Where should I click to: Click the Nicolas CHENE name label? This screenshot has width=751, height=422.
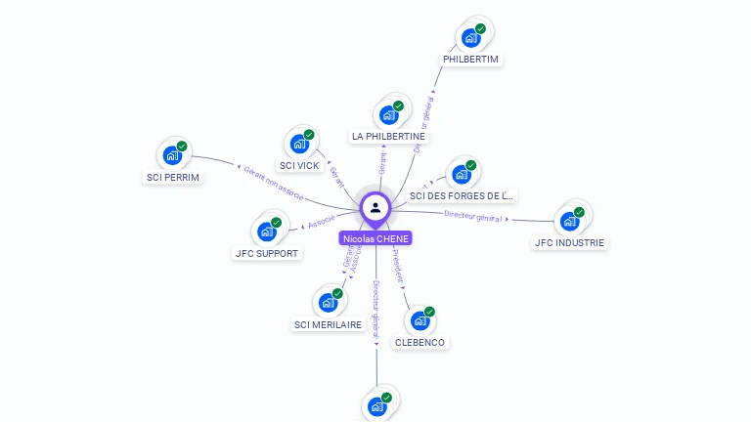(x=375, y=238)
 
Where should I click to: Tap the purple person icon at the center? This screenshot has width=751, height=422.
(x=375, y=207)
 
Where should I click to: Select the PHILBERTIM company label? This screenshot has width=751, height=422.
(x=470, y=60)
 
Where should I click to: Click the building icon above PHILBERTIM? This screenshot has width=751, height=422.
(x=470, y=38)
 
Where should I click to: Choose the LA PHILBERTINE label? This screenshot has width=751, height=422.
(x=388, y=137)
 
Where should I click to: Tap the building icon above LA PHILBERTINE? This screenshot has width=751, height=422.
(x=388, y=114)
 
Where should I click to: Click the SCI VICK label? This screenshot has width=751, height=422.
(x=299, y=166)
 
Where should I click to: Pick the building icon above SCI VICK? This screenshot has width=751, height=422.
(x=299, y=144)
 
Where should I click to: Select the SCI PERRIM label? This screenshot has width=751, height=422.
(x=173, y=178)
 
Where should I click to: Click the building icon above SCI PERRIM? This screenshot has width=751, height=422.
(x=172, y=155)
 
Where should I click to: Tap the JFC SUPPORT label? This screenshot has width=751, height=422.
(x=267, y=254)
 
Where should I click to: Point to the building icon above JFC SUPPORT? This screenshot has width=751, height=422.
(x=267, y=232)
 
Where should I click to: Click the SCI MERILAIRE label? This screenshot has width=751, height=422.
(x=328, y=324)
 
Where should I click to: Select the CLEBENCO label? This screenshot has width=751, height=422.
(x=420, y=343)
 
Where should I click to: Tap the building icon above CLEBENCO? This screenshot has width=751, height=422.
(x=420, y=320)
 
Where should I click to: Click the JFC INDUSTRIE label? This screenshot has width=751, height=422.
(x=569, y=243)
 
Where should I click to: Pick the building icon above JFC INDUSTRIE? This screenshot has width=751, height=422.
(x=569, y=221)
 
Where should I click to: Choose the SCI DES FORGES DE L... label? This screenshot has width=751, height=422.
(x=462, y=196)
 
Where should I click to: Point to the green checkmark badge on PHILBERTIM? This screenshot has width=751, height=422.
(x=480, y=29)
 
